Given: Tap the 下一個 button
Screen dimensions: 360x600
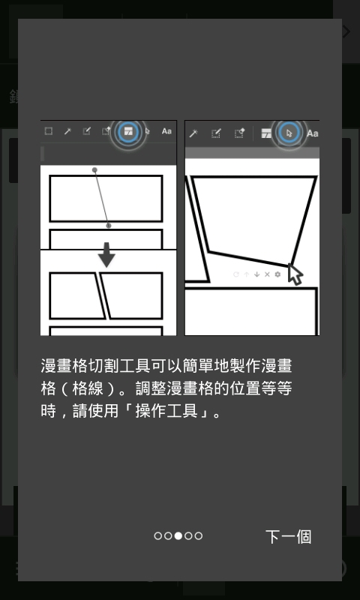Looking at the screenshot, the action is click(288, 536).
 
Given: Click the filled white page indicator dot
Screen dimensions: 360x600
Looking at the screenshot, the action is click(178, 535).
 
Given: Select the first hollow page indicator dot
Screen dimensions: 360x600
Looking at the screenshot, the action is click(157, 535).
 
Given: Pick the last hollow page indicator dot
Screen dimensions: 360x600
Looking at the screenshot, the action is click(198, 535).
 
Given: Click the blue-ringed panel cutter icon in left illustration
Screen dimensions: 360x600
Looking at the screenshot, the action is click(128, 132).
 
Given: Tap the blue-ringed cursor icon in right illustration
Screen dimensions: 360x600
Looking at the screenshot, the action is click(289, 133).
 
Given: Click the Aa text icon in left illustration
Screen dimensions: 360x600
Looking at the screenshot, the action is click(166, 131).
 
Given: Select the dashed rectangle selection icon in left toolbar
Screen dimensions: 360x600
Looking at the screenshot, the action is click(49, 131).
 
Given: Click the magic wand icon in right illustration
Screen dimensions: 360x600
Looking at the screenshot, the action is click(193, 133).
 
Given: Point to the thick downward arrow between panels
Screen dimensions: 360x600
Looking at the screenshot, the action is click(106, 254).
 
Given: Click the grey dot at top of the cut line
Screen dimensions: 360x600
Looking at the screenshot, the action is click(94, 170).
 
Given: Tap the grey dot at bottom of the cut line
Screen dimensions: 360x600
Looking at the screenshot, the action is click(108, 226).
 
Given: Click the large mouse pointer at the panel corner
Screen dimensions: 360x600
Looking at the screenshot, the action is click(295, 274).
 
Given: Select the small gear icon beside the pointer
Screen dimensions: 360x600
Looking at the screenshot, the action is click(277, 274).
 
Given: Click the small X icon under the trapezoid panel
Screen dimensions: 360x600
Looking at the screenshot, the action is click(268, 274).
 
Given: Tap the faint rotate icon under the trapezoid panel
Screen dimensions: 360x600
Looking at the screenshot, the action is click(236, 274).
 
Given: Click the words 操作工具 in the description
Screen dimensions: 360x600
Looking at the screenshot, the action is click(166, 411).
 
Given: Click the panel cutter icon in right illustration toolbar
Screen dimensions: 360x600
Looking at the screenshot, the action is click(266, 133).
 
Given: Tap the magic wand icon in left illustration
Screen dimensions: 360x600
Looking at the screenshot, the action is click(67, 131).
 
